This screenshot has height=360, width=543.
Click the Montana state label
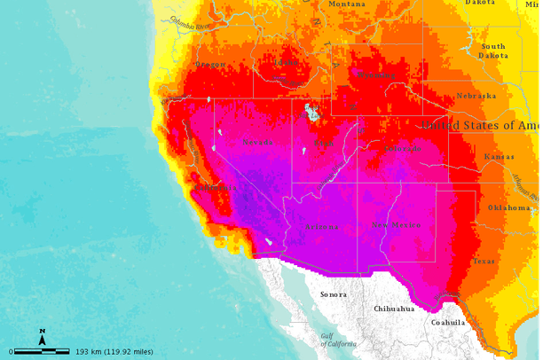(347, 4)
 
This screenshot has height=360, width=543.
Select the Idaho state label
(286, 63)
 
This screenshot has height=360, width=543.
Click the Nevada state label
(259, 142)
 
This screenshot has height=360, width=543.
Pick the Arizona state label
(321, 227)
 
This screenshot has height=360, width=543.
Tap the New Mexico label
(397, 225)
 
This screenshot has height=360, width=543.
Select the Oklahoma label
(509, 207)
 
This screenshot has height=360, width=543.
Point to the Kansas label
(499, 157)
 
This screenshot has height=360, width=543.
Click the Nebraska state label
(476, 96)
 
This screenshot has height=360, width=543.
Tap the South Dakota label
(493, 51)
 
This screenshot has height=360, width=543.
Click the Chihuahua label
(394, 309)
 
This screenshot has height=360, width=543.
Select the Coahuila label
(447, 323)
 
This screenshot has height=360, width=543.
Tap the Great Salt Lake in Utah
(311, 112)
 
